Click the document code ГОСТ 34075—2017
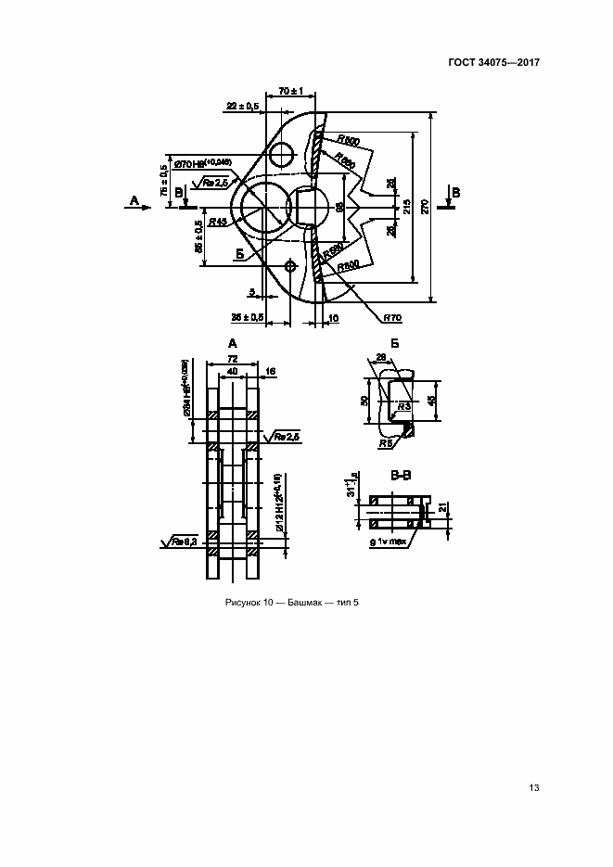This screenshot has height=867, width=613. point(494,62)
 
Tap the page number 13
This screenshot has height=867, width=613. point(533,788)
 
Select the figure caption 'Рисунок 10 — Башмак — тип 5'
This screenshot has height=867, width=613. point(291,604)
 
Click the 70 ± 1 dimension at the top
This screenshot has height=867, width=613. point(292,91)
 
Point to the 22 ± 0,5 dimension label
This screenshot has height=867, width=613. point(242,107)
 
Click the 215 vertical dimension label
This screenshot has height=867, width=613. point(403,208)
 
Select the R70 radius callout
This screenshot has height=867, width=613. point(390,317)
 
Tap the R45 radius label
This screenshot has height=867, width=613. point(219,222)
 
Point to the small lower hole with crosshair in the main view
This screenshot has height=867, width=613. point(292,266)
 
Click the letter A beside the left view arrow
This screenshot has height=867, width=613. point(134,200)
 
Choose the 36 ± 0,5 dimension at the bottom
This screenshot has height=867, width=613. point(247,317)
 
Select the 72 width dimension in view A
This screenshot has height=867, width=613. point(233,358)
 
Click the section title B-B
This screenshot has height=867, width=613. point(402,477)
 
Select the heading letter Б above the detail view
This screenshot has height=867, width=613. point(394,343)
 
